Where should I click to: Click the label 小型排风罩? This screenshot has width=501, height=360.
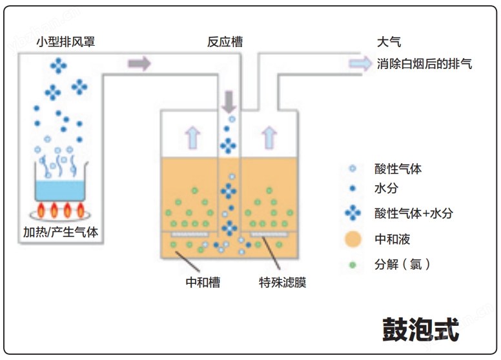click(x=65, y=42)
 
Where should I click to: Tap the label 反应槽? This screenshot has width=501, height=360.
click(x=225, y=42)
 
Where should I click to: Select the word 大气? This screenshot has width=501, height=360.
click(x=389, y=42)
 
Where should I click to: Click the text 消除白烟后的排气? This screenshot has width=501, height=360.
click(x=424, y=63)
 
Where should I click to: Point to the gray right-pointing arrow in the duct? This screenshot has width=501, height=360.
click(x=139, y=63)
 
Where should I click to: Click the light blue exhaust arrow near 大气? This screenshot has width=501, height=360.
click(x=360, y=63)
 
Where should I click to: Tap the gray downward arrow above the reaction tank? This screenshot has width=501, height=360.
click(x=229, y=102)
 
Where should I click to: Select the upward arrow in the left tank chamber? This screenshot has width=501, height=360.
click(x=192, y=138)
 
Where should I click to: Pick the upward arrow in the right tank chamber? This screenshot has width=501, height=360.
click(x=269, y=138)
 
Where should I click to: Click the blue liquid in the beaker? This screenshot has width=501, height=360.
click(x=60, y=190)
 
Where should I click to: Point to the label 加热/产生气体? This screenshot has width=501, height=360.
click(x=61, y=232)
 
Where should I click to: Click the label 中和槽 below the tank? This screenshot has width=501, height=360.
click(x=203, y=283)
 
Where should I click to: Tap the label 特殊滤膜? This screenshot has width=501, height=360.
click(x=282, y=283)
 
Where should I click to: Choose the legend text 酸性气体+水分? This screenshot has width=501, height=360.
click(x=414, y=213)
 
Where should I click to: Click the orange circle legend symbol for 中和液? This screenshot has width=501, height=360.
click(x=353, y=239)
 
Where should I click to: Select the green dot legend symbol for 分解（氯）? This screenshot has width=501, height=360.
click(x=353, y=265)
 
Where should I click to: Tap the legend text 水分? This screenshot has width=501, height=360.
click(x=386, y=188)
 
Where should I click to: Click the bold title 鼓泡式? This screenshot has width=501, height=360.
click(x=421, y=330)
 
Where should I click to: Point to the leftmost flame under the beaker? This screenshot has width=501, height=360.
click(x=41, y=210)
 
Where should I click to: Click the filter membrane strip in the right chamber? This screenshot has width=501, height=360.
click(x=269, y=235)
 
